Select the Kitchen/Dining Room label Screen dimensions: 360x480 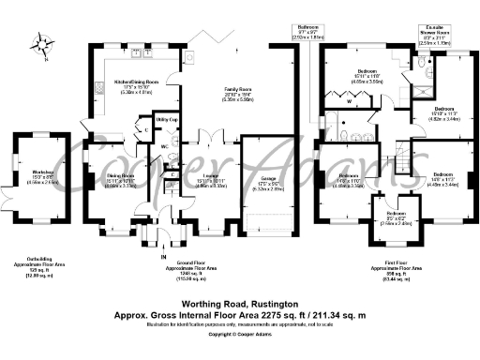click(x=136, y=82)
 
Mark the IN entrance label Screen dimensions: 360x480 click(x=162, y=256)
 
